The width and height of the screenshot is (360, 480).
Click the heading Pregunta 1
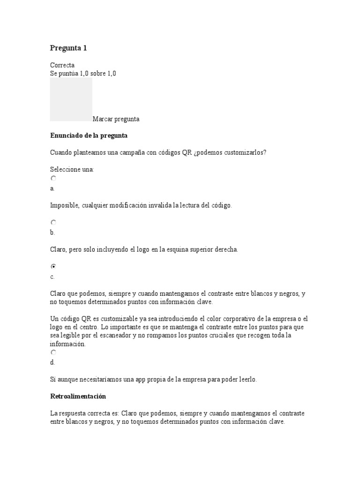(68, 48)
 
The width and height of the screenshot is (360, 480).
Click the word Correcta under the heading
(62, 65)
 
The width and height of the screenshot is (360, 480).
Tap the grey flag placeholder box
(71, 99)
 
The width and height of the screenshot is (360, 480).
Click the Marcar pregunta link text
(116, 119)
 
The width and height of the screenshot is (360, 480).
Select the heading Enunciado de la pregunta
(89, 135)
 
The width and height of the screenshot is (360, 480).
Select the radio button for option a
(53, 179)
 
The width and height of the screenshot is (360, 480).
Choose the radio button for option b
(53, 223)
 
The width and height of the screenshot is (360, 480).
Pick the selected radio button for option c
(53, 266)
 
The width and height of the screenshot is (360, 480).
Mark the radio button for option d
(53, 352)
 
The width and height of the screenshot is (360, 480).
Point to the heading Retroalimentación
(78, 396)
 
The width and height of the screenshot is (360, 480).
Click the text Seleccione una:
(72, 169)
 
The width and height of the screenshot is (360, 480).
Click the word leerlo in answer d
(245, 379)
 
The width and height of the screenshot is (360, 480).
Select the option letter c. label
(52, 277)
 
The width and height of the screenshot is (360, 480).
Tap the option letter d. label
(52, 362)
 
